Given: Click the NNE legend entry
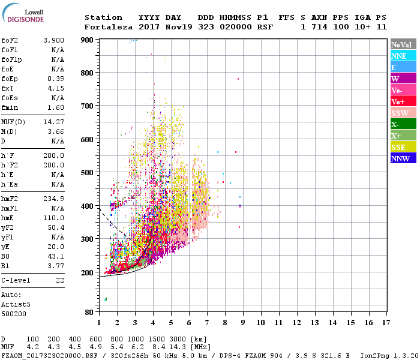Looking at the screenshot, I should pos(403,56).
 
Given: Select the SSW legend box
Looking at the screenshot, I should pos(403,113).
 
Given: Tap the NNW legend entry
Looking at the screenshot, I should pos(403,158).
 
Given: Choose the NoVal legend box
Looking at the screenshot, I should pos(403,44).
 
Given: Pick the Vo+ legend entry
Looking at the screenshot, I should pos(403,101).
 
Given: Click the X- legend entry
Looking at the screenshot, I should pos(403,124).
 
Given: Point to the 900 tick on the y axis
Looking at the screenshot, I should pos(88,40).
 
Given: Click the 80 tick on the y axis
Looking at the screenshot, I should pos(89,313).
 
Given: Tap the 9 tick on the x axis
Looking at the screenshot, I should pos(243,323).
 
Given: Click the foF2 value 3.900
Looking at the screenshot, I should pos(54,40).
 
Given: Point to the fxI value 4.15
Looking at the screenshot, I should pos(56,88).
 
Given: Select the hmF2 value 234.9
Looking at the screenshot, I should pos(54,199).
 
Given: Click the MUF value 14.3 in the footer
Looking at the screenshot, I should pos(176,347).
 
